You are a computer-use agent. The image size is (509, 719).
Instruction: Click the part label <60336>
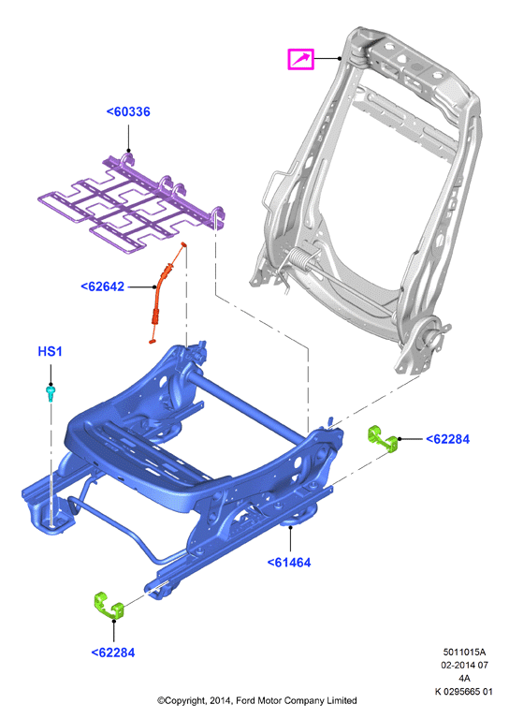coord(128,112)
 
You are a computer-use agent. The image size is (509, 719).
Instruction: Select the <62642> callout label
coord(103,286)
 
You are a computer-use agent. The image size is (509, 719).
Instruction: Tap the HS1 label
coord(50,352)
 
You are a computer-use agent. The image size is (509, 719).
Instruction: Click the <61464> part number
coord(289,563)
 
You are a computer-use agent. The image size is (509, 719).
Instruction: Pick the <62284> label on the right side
coord(447,439)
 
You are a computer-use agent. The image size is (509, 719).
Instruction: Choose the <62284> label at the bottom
coord(113,653)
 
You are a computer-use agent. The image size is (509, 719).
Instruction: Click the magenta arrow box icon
coord(300,59)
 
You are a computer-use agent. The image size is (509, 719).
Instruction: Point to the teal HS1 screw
coord(51,393)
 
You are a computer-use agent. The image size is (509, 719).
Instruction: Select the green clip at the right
coord(383,439)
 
